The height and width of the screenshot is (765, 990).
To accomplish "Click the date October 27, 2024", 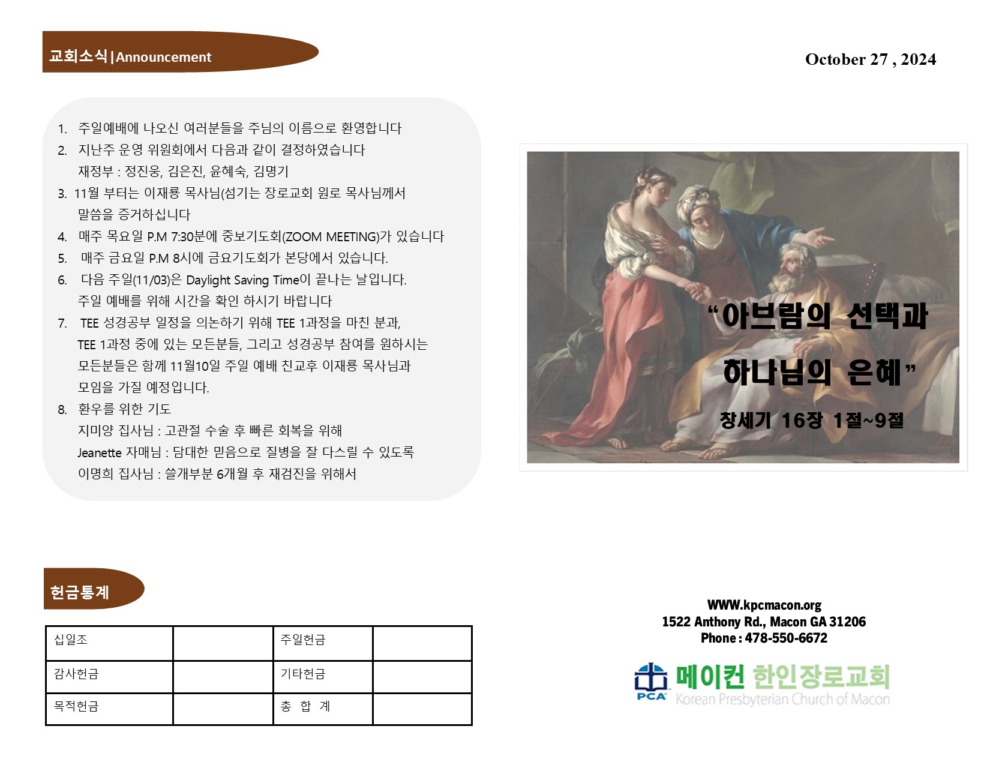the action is click(x=870, y=59).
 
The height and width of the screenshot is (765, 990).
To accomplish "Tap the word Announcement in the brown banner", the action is click(x=164, y=57).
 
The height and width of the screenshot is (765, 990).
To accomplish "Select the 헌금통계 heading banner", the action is click(x=94, y=588).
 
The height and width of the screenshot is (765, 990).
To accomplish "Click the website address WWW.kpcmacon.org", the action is click(x=764, y=605).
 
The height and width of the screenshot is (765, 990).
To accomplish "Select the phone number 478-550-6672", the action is click(x=786, y=638).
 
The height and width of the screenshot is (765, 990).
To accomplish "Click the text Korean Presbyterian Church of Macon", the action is click(x=782, y=699).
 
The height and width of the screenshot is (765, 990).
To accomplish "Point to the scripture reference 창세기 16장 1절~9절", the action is click(x=811, y=420).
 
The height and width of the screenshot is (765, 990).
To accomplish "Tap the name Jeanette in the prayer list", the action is click(x=100, y=452).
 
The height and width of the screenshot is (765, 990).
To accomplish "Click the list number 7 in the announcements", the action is click(x=62, y=323).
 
